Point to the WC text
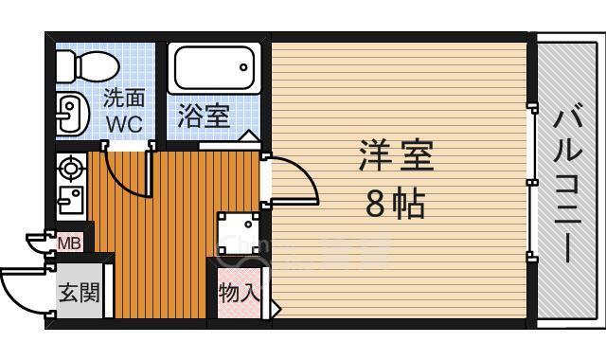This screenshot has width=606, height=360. [123, 123]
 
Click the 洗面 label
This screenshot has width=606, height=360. [123, 99]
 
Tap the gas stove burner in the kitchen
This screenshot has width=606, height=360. [71, 170]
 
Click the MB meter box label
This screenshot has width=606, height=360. [69, 243]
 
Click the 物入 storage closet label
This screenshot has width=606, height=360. [239, 292]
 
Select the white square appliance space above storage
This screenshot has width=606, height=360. [238, 232]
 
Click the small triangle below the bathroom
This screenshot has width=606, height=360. [245, 138]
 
